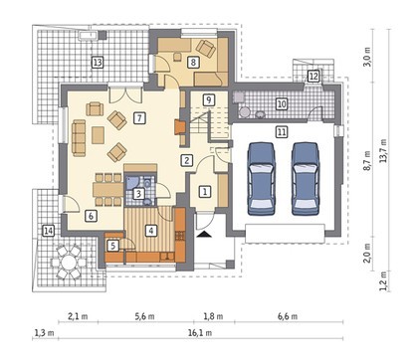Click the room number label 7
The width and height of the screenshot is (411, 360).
[x=139, y=118]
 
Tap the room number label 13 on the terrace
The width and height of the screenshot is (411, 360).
[x=98, y=62]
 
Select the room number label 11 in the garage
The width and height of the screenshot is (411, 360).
[x=282, y=132]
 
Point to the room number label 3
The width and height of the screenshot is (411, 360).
[x=139, y=194]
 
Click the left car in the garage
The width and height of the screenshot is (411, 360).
[x=262, y=179]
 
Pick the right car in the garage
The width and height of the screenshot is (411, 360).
[x=305, y=179]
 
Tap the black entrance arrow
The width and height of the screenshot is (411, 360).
[x=204, y=234]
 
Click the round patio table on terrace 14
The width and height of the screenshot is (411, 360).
[x=69, y=263]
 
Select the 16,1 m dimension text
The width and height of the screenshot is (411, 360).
[x=200, y=333]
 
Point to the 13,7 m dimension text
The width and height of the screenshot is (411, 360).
[x=384, y=150]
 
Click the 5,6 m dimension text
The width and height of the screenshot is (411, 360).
[x=144, y=316]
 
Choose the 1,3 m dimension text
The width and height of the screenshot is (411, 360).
[x=44, y=332]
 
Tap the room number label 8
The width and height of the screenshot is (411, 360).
[x=193, y=62]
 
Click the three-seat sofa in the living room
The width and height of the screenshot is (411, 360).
[x=79, y=138]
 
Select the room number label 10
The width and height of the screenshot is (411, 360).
[x=282, y=104]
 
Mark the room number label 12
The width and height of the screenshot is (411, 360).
[x=313, y=77]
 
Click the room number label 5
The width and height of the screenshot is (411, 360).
[x=113, y=246]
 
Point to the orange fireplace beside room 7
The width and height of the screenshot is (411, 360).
[x=179, y=127]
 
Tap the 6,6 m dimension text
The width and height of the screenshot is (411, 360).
[x=288, y=316]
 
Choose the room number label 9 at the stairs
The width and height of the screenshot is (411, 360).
[x=209, y=99]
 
